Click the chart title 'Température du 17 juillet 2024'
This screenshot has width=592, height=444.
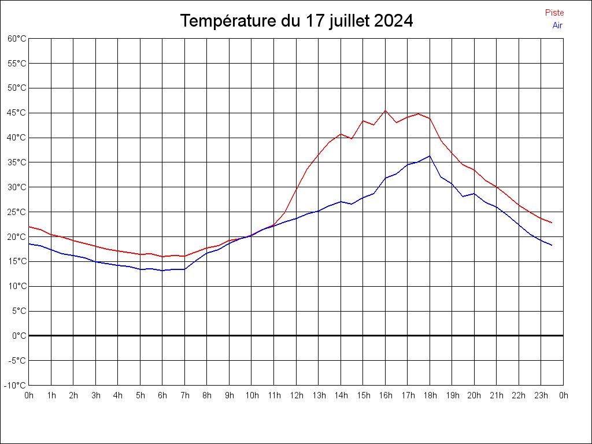pos(296,21)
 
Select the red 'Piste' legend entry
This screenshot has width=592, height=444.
pos(554,13)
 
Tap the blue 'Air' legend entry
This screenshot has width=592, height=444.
pos(557,25)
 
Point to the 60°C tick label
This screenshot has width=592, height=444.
pos(17,39)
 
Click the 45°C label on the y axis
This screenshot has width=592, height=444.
pos(17,113)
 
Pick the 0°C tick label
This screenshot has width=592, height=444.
pos(19,335)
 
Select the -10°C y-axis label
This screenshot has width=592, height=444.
pos(16,385)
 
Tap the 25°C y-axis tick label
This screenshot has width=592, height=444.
pos(17,212)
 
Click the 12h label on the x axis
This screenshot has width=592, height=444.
pos(296,395)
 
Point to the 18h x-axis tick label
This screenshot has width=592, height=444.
pos(430,395)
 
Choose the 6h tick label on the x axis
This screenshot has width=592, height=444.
pos(162,395)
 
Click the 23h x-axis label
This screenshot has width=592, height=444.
pos(541,395)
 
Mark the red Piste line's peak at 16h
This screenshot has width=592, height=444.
pos(385,110)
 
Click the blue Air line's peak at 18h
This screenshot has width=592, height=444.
pos(430,156)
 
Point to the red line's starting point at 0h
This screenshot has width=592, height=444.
pos(29,227)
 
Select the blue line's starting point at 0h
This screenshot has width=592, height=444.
pos(29,243)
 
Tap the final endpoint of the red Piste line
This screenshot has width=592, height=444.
pos(552,223)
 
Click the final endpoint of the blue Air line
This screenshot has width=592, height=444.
pos(552,245)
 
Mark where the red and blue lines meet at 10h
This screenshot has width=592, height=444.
pos(251,235)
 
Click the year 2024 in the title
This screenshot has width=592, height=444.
pos(393,21)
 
